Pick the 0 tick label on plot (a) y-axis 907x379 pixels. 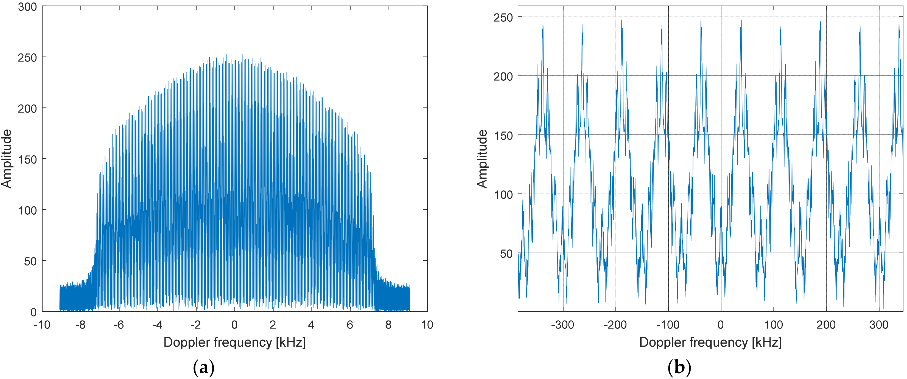click(33, 312)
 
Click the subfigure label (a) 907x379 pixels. click(203, 368)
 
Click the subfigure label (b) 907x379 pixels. click(679, 368)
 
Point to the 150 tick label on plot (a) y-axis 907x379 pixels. click(27, 159)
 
